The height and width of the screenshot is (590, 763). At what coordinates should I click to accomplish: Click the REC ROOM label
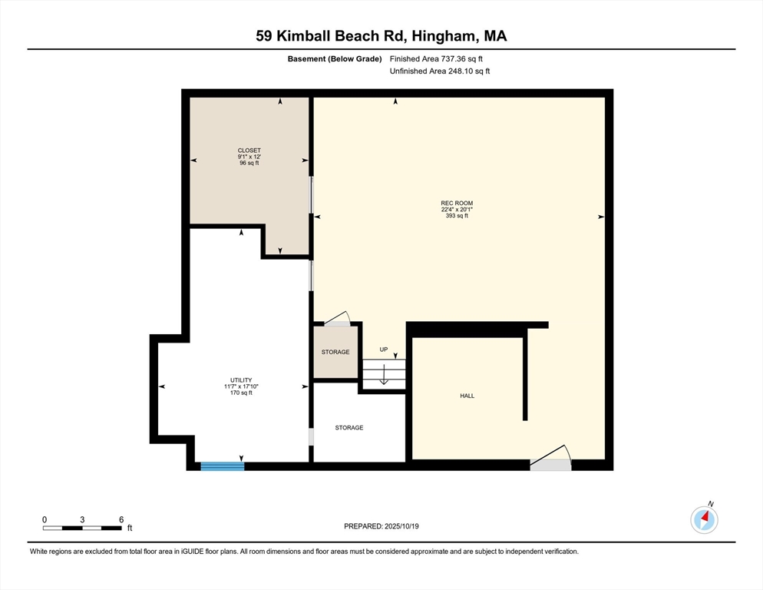point(457,203)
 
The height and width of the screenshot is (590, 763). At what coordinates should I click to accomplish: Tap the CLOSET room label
point(249,151)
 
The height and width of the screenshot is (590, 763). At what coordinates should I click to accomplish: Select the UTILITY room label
point(241,380)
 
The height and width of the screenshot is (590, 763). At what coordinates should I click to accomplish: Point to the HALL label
point(467,396)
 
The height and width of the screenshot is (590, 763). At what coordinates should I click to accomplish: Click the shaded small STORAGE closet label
point(335,353)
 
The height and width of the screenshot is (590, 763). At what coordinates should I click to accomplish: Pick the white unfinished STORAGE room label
point(349,428)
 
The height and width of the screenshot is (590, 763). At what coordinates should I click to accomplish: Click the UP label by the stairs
point(384,350)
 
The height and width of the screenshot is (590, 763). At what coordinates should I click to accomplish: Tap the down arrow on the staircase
point(384,375)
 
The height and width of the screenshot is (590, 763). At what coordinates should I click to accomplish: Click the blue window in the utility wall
point(223,466)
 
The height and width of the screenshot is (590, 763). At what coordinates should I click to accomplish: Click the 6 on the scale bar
point(121,520)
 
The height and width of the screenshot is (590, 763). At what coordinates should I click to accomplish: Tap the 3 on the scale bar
point(82,520)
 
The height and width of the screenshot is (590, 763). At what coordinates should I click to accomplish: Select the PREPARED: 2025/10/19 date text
point(381,526)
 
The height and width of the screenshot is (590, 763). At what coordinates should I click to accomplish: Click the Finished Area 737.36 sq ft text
point(436,59)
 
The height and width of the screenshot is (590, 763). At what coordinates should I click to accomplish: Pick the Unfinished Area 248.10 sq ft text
point(439,71)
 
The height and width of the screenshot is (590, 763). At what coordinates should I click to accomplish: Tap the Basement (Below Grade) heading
point(335,59)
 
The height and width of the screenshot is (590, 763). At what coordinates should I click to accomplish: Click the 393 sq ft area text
point(457,216)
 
